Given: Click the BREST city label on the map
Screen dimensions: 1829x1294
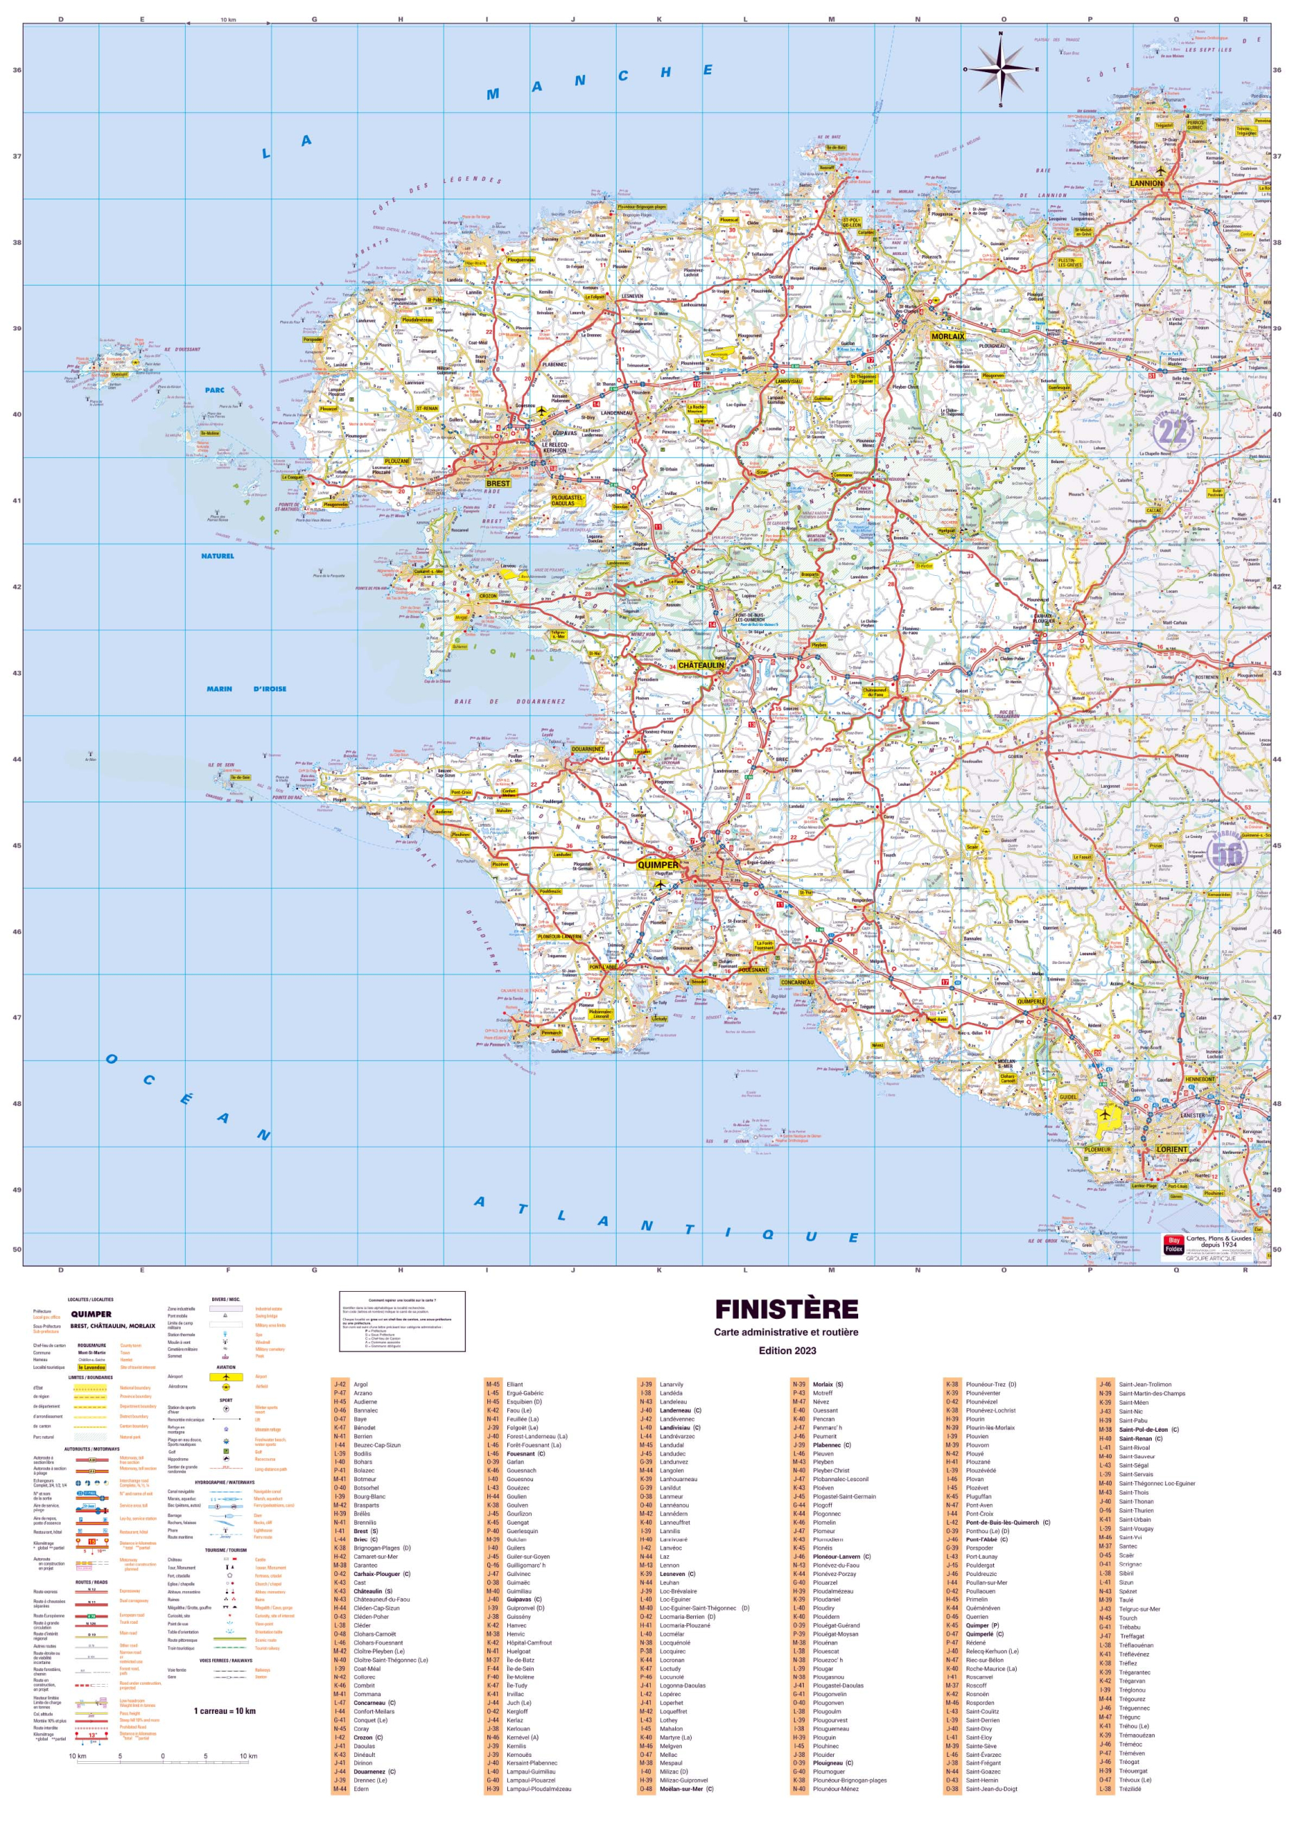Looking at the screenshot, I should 498,484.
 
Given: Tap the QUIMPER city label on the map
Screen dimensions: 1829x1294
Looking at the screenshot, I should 658,864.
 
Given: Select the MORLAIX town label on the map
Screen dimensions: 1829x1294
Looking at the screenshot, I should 947,337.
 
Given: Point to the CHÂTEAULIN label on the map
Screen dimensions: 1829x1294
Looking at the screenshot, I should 701,664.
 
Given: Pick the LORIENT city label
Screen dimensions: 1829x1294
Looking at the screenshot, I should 1171,1150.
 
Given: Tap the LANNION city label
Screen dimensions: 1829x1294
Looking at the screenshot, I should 1146,182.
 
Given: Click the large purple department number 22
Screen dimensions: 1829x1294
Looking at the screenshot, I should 1172,431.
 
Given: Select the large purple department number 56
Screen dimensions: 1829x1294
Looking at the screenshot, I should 1226,853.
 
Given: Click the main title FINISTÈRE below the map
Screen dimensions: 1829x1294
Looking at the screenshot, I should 786,1310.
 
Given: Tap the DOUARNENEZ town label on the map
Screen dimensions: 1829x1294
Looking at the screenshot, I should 587,749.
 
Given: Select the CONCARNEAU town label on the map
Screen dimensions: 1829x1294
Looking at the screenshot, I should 797,982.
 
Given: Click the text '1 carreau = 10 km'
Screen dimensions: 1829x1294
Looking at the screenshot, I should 224,1710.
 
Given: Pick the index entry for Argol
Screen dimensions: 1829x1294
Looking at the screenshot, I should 361,1385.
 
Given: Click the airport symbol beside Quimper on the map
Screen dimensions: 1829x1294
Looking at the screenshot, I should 659,884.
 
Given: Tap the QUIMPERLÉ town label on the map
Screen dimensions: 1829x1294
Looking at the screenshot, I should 1030,1002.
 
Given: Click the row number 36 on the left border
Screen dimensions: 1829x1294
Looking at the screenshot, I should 16,70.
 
